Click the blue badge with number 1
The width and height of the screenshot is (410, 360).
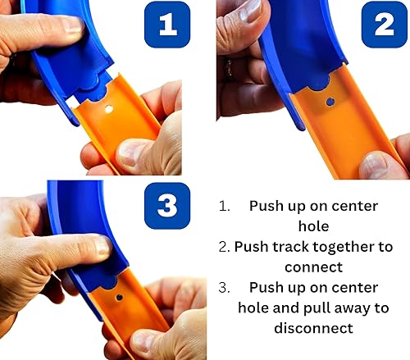pos(167,25)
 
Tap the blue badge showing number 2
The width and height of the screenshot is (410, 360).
pos(384,25)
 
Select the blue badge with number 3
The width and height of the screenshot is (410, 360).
pos(167,205)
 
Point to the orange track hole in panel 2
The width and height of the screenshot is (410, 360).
pos(330,102)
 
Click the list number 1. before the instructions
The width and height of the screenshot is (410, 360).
pos(226,206)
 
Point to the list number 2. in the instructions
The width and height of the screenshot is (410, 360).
pos(224,245)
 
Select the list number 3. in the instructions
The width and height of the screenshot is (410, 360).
pos(226,288)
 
